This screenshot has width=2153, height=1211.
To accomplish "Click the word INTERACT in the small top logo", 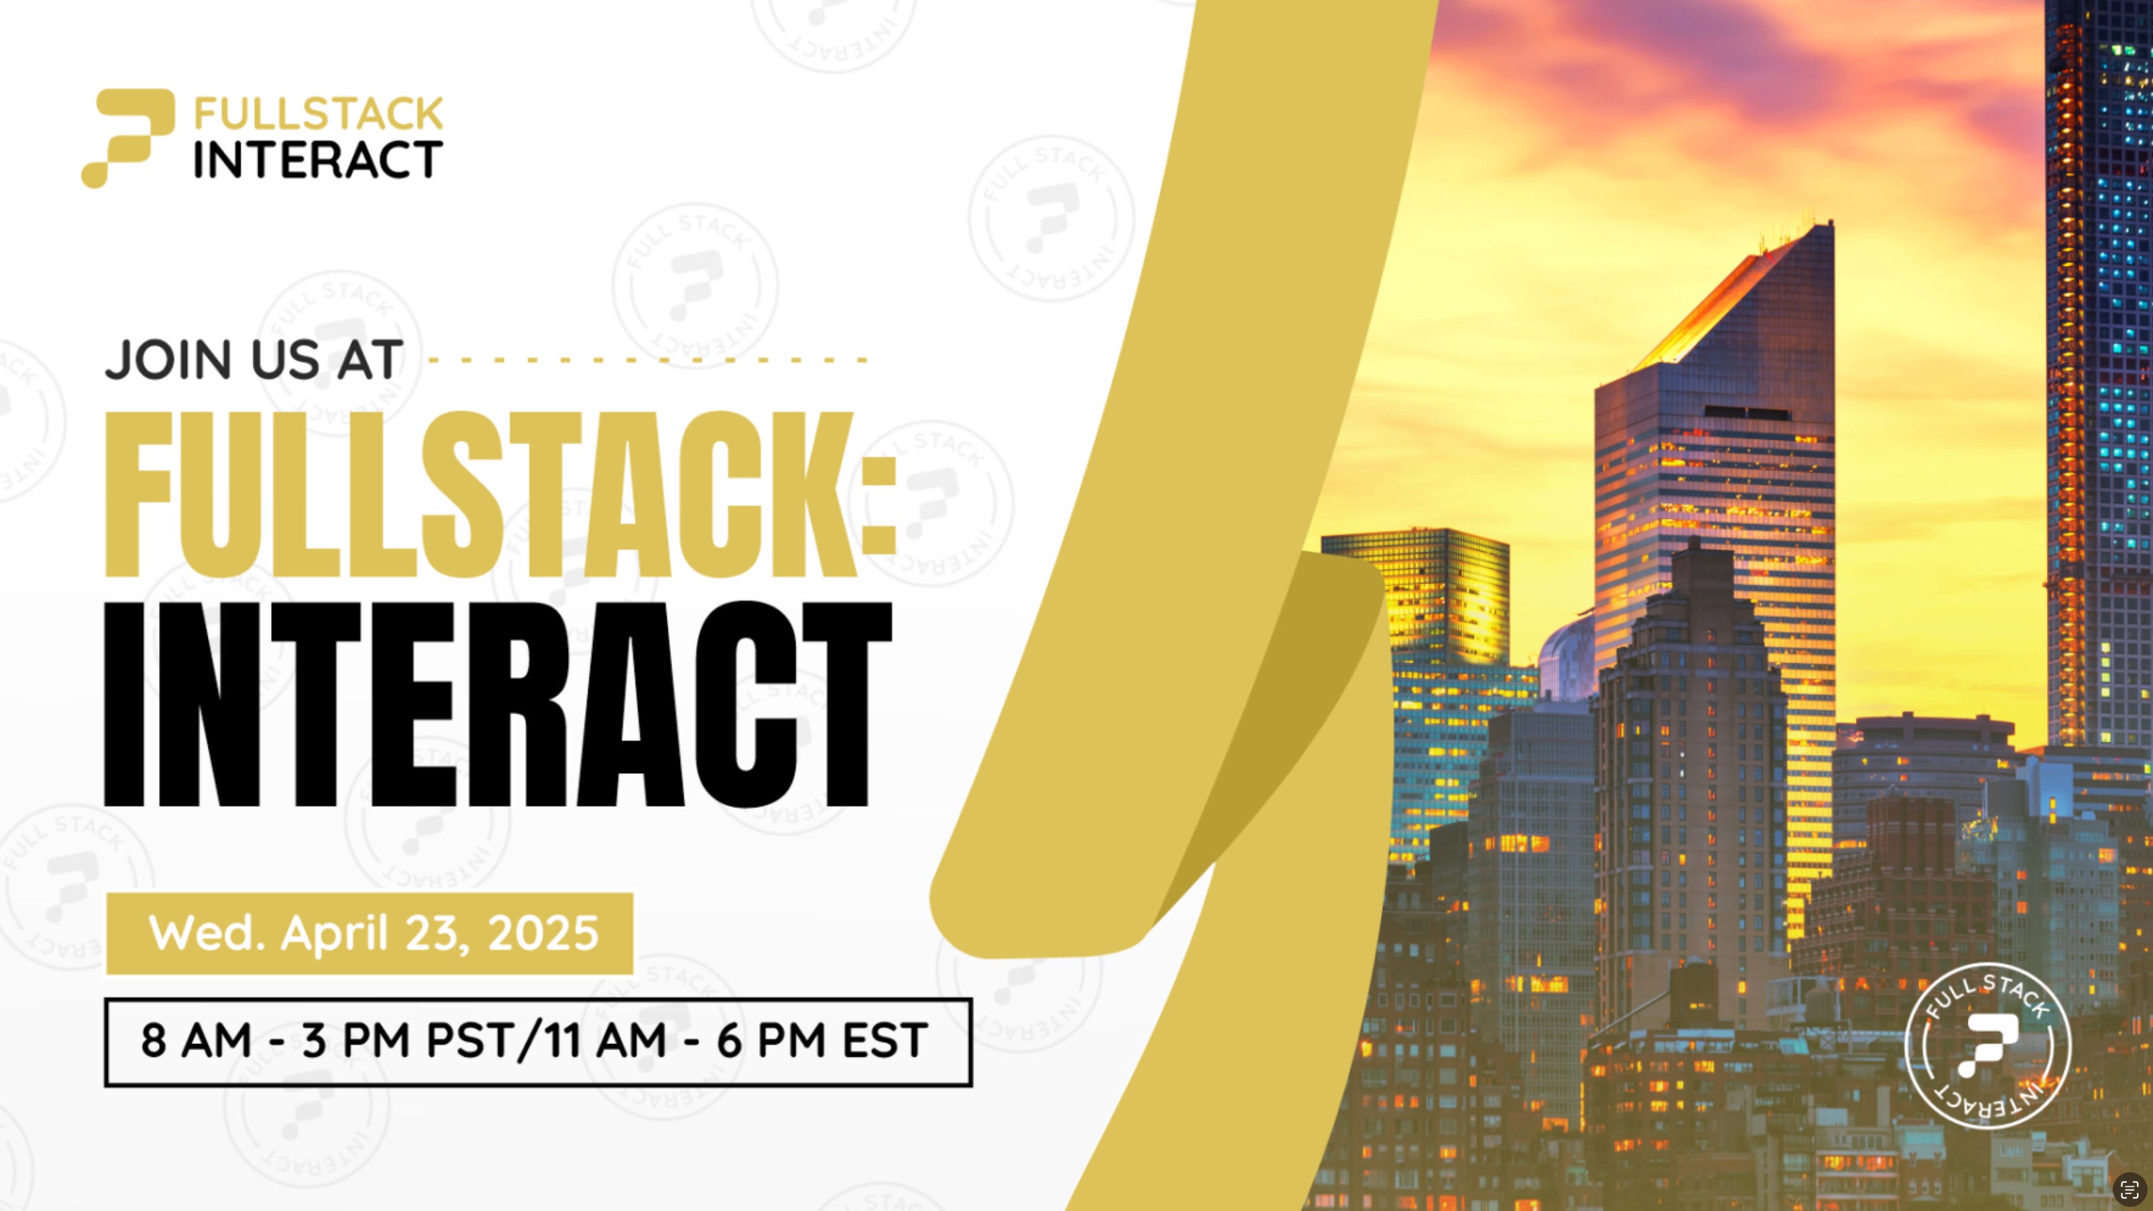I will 319,160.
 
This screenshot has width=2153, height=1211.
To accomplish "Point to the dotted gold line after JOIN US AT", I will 648,360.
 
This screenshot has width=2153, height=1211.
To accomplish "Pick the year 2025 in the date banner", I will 543,933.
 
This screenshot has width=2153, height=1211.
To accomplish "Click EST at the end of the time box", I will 885,1041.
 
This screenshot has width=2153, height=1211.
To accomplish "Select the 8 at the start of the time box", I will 153,1041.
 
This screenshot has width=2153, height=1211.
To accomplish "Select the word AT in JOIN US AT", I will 370,360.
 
